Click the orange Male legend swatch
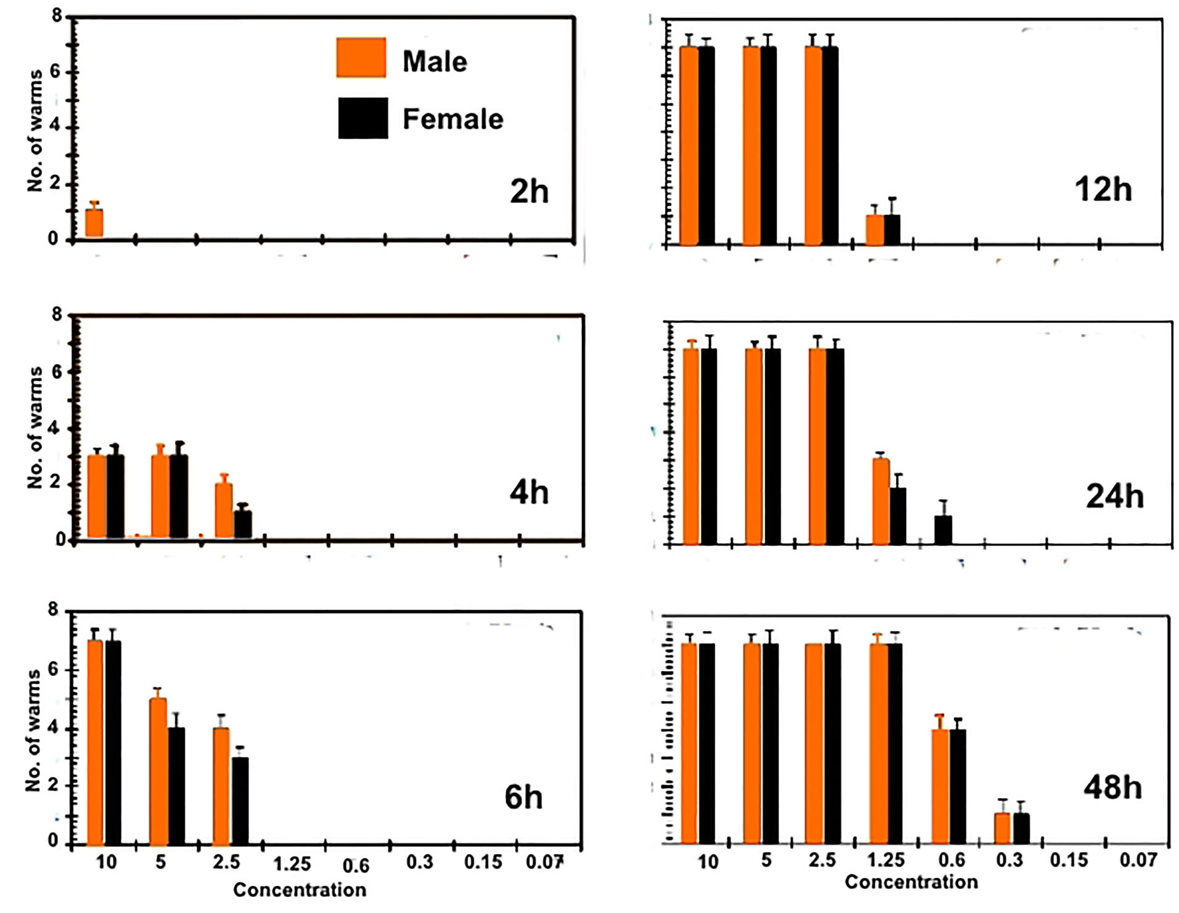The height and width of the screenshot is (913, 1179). (x=361, y=58)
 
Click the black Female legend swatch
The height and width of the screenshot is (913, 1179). (x=363, y=118)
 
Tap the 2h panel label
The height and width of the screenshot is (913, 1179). (x=529, y=191)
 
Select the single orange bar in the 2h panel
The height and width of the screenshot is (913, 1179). (x=94, y=223)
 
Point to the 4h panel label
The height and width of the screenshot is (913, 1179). (x=529, y=493)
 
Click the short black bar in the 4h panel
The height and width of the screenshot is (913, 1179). (x=242, y=525)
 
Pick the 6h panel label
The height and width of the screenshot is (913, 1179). (x=523, y=796)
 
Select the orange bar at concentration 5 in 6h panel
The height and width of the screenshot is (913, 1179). (x=158, y=771)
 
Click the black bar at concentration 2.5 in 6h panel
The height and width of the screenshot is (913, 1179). (x=240, y=800)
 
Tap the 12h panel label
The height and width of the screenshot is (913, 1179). (x=1103, y=189)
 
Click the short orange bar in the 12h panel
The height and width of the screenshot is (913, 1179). (x=875, y=230)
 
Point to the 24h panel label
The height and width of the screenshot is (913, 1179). (x=1114, y=496)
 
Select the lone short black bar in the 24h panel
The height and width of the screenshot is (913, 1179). (x=943, y=530)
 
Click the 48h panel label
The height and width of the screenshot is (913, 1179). (x=1112, y=787)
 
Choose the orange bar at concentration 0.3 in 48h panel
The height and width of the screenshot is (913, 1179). (x=1002, y=828)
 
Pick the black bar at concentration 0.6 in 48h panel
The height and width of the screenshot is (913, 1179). (x=958, y=786)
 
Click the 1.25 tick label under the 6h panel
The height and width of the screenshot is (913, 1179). (x=292, y=864)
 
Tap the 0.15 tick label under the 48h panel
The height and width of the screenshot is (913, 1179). (x=1069, y=860)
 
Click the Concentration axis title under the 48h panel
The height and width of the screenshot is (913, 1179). (x=911, y=882)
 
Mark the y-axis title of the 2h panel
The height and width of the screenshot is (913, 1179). (x=35, y=130)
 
